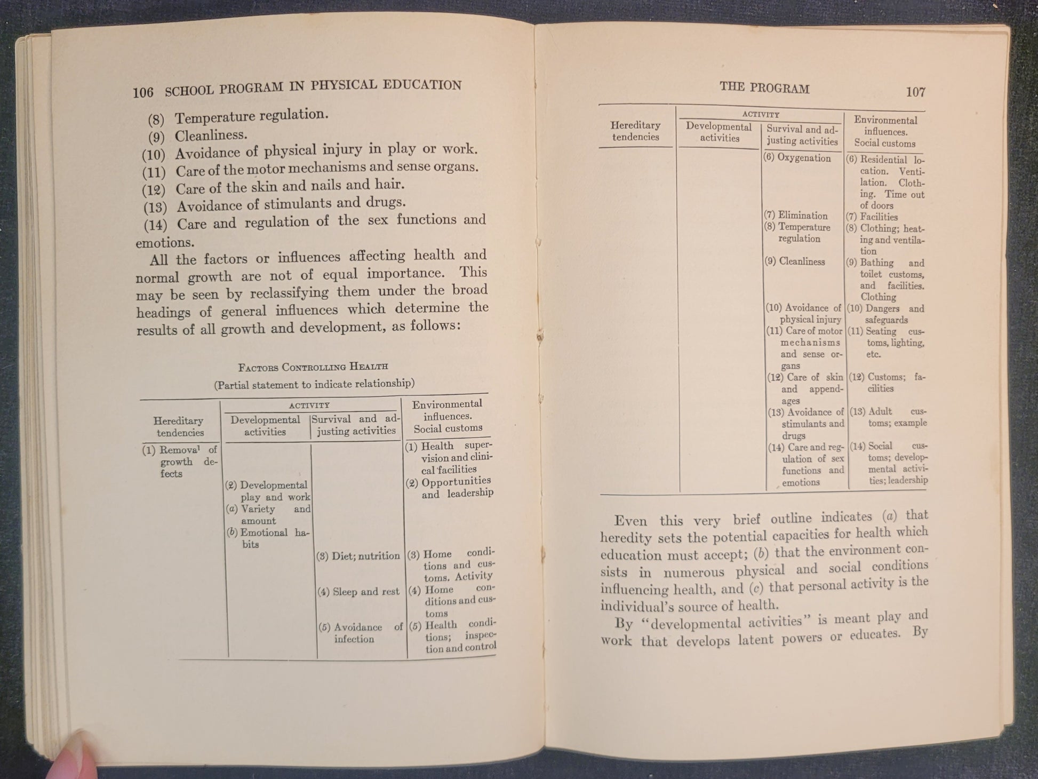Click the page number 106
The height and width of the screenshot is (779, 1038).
[143, 92]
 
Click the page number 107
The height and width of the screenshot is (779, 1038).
[915, 92]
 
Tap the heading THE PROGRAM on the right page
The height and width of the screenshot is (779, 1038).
[764, 88]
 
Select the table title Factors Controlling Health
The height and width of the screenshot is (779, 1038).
[313, 367]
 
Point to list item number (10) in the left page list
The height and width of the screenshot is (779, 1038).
[154, 155]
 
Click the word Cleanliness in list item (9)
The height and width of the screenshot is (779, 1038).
[211, 135]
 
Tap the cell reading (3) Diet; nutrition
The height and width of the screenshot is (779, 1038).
[358, 556]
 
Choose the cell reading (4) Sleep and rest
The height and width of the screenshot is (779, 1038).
[358, 592]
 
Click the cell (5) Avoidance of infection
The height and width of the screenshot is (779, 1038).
[360, 633]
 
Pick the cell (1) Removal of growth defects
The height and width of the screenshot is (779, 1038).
[180, 462]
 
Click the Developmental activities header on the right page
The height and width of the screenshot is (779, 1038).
[718, 132]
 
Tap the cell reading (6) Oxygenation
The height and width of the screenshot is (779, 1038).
[797, 158]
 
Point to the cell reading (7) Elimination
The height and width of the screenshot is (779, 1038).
[796, 216]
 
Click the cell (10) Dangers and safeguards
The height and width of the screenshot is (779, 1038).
[885, 314]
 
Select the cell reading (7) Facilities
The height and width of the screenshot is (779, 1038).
[872, 217]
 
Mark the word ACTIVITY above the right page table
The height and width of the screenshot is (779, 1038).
[761, 115]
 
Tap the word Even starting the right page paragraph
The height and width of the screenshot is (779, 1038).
[630, 521]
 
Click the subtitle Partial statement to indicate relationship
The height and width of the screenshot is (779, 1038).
[314, 384]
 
